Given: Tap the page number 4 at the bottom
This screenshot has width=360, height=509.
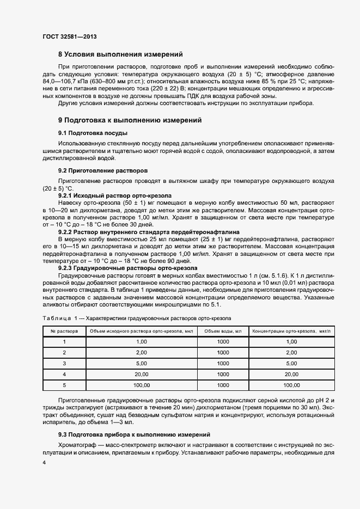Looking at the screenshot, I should (44, 462).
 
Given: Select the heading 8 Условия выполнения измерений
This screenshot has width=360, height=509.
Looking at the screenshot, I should (120, 54).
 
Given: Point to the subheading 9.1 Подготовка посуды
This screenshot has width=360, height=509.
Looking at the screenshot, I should (93, 133).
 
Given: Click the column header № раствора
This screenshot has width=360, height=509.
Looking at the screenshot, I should (64, 330).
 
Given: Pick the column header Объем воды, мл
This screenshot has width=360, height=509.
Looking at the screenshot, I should (223, 330).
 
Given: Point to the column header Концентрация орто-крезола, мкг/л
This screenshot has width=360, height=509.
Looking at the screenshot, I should (291, 330).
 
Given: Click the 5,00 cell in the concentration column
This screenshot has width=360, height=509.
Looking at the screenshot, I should (291, 363).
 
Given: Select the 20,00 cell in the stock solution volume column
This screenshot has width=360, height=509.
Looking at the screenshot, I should (142, 374).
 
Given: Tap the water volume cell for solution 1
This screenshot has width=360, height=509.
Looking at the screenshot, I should (223, 341).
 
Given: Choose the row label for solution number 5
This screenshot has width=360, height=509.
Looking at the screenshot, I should (64, 385).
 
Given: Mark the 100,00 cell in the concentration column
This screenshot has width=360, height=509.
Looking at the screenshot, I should (291, 385).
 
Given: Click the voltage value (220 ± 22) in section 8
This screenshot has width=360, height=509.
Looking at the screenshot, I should (167, 88).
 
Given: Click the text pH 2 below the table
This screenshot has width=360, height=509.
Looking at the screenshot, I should (325, 400).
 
